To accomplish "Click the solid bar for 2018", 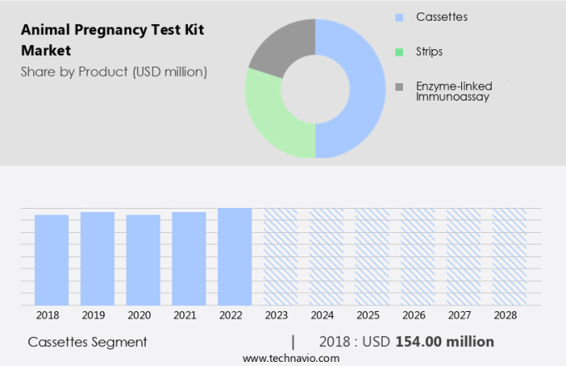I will click(x=52, y=260).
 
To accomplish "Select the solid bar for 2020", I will click(x=143, y=260).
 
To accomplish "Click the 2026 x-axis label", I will click(x=418, y=316).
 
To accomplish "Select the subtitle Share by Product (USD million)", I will click(x=114, y=72).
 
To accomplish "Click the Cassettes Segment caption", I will click(x=87, y=342).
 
